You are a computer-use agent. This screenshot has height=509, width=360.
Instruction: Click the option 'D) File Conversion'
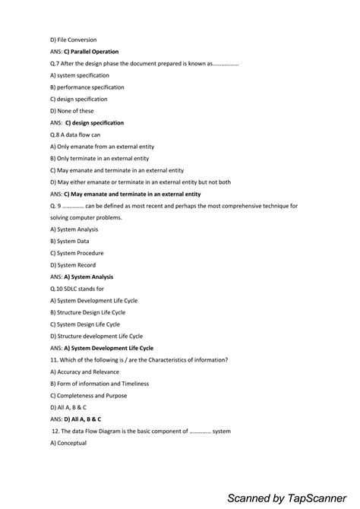[x=73, y=40]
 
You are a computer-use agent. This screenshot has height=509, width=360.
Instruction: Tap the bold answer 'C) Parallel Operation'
[x=91, y=52]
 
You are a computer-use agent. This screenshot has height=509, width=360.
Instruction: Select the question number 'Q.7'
[x=55, y=64]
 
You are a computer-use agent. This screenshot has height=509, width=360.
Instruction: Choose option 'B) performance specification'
[x=87, y=87]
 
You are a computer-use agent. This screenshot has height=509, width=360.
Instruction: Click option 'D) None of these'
[x=71, y=111]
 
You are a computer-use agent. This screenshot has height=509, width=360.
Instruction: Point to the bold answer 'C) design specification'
[x=94, y=123]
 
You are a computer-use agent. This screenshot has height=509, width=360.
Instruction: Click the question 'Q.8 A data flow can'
[x=76, y=134]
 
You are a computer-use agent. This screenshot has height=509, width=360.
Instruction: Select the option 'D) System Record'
[x=73, y=265]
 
